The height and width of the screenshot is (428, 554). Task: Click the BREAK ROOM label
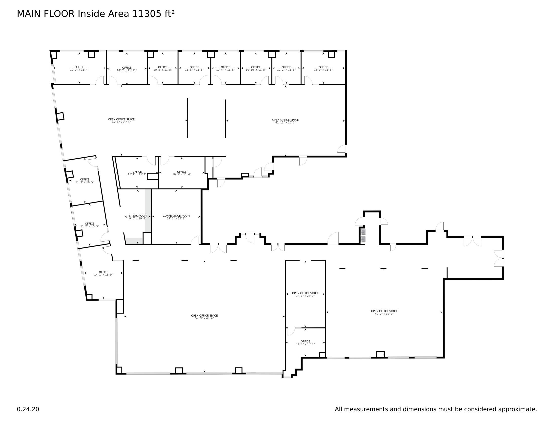coord(138,216)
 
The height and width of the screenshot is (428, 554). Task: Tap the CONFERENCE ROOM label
coord(176,216)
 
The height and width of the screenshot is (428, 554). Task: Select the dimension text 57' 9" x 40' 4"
coord(204,318)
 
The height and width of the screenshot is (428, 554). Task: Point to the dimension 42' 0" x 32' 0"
coord(384,314)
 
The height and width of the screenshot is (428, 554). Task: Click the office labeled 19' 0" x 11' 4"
coord(79,68)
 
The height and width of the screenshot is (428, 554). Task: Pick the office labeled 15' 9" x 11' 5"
coord(323,68)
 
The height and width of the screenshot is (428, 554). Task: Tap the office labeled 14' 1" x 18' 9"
coord(103,273)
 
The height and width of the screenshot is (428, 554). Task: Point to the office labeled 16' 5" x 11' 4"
coord(182,173)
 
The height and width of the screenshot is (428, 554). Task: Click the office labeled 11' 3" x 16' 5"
coord(84,181)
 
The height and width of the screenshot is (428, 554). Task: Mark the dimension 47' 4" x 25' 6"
coord(121,122)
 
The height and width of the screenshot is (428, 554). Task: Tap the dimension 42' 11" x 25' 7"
coord(285,122)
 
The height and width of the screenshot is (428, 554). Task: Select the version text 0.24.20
coord(28,409)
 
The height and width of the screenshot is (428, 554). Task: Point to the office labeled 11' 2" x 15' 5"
coord(90,225)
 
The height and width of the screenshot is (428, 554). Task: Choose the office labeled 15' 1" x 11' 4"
coord(137,173)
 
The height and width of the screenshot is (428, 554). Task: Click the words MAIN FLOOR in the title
coord(46,14)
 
